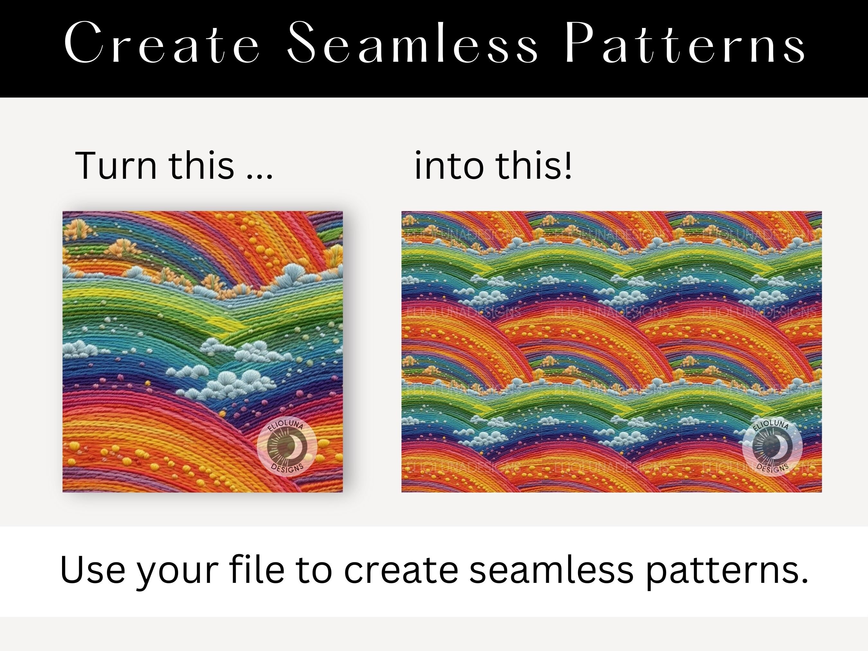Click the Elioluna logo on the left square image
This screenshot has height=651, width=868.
[x=287, y=446]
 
